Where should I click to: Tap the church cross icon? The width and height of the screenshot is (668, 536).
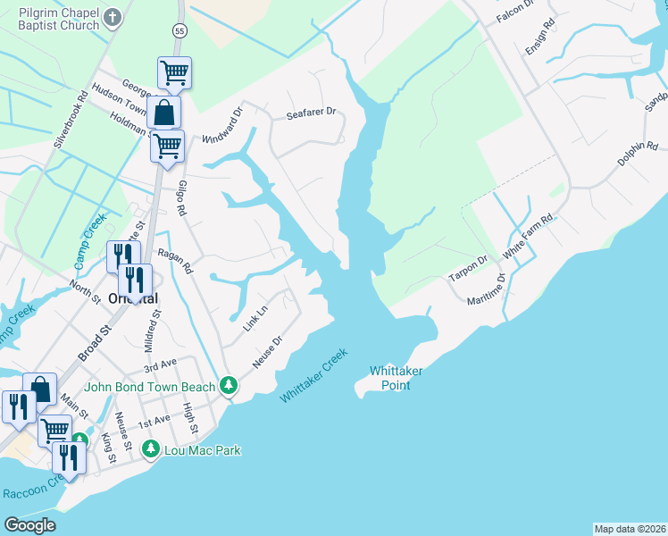click(x=112, y=16)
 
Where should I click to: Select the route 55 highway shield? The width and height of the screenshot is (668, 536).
click(x=180, y=30)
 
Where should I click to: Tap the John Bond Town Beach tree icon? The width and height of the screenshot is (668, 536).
click(x=230, y=385)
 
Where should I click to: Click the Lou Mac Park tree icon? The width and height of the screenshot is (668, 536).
click(x=152, y=448)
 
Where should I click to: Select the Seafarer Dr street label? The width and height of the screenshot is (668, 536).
click(x=310, y=113)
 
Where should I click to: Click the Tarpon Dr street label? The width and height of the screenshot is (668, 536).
click(x=468, y=269)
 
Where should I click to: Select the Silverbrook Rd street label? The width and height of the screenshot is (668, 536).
click(x=71, y=117)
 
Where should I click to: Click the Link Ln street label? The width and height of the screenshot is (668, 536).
click(x=255, y=319)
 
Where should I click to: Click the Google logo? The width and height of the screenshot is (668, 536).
click(x=31, y=524)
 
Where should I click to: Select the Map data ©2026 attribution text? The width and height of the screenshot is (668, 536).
click(x=630, y=528)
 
